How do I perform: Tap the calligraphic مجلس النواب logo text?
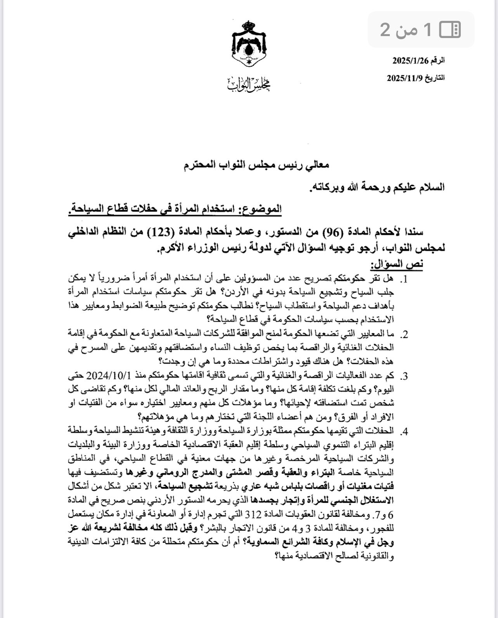[x=249, y=84]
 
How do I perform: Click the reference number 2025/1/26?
[x=412, y=61]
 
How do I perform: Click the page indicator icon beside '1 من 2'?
[x=450, y=29]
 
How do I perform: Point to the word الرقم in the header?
[x=438, y=61]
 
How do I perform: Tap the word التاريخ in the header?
[x=435, y=78]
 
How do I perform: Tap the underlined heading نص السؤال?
[x=396, y=264]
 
